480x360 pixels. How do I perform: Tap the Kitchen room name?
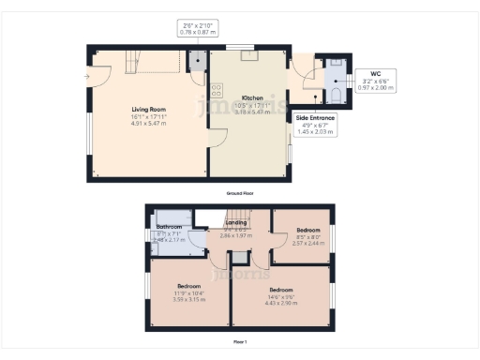(252, 97)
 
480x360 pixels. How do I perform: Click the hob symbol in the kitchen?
(217, 91)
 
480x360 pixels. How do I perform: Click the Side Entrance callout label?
(316, 117)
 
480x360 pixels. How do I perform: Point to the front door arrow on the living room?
(86, 76)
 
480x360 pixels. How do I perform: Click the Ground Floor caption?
(239, 193)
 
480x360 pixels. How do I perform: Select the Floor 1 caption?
(239, 342)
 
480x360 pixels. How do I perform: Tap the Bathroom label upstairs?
(169, 227)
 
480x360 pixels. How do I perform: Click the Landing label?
(235, 222)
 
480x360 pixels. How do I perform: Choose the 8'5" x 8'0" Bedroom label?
(308, 229)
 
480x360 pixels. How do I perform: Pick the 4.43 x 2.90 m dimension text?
(280, 303)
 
